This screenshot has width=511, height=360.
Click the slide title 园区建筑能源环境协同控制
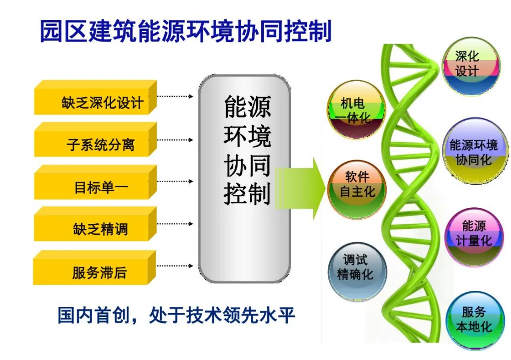pos(186,31)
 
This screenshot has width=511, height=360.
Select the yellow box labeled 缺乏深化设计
pos(96,98)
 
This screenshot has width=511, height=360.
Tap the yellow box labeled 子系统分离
pos(96,140)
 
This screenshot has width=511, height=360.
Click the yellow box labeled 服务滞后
pos(95,267)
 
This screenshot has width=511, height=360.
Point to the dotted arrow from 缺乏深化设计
pos(175,96)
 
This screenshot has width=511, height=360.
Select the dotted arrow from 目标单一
pos(175,181)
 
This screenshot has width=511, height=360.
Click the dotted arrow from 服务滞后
pos(175,266)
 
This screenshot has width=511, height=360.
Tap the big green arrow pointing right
pos(300,188)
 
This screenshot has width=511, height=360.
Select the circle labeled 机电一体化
pos(356,110)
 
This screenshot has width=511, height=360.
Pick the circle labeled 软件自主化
pos(357,189)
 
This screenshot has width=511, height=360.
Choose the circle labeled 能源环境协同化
pos(474,150)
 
